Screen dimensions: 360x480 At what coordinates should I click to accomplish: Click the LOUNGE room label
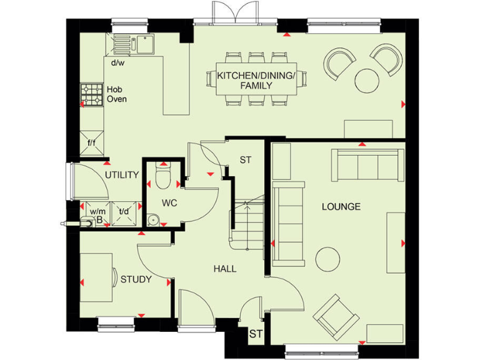341,206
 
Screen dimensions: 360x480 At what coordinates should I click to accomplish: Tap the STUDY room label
136,279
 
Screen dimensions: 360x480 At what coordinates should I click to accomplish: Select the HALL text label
225,269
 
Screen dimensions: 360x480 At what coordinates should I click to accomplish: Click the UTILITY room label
121,174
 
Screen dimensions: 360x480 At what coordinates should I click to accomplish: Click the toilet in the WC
163,177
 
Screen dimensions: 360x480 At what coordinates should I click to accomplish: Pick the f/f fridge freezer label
91,143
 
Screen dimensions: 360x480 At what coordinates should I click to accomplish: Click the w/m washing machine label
97,211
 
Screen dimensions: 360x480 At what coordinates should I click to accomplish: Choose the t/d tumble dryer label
124,211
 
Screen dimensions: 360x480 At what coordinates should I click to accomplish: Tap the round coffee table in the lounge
327,258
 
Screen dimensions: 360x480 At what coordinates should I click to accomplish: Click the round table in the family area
367,80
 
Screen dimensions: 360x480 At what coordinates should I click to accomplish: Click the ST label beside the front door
256,334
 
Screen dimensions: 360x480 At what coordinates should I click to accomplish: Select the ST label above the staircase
245,160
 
